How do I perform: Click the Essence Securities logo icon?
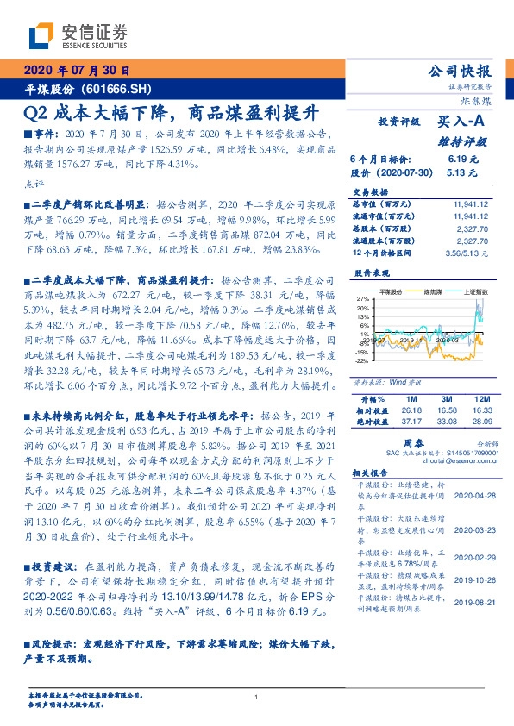(x=39, y=36)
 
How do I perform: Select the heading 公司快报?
(x=464, y=72)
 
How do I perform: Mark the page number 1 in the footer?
(x=257, y=698)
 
